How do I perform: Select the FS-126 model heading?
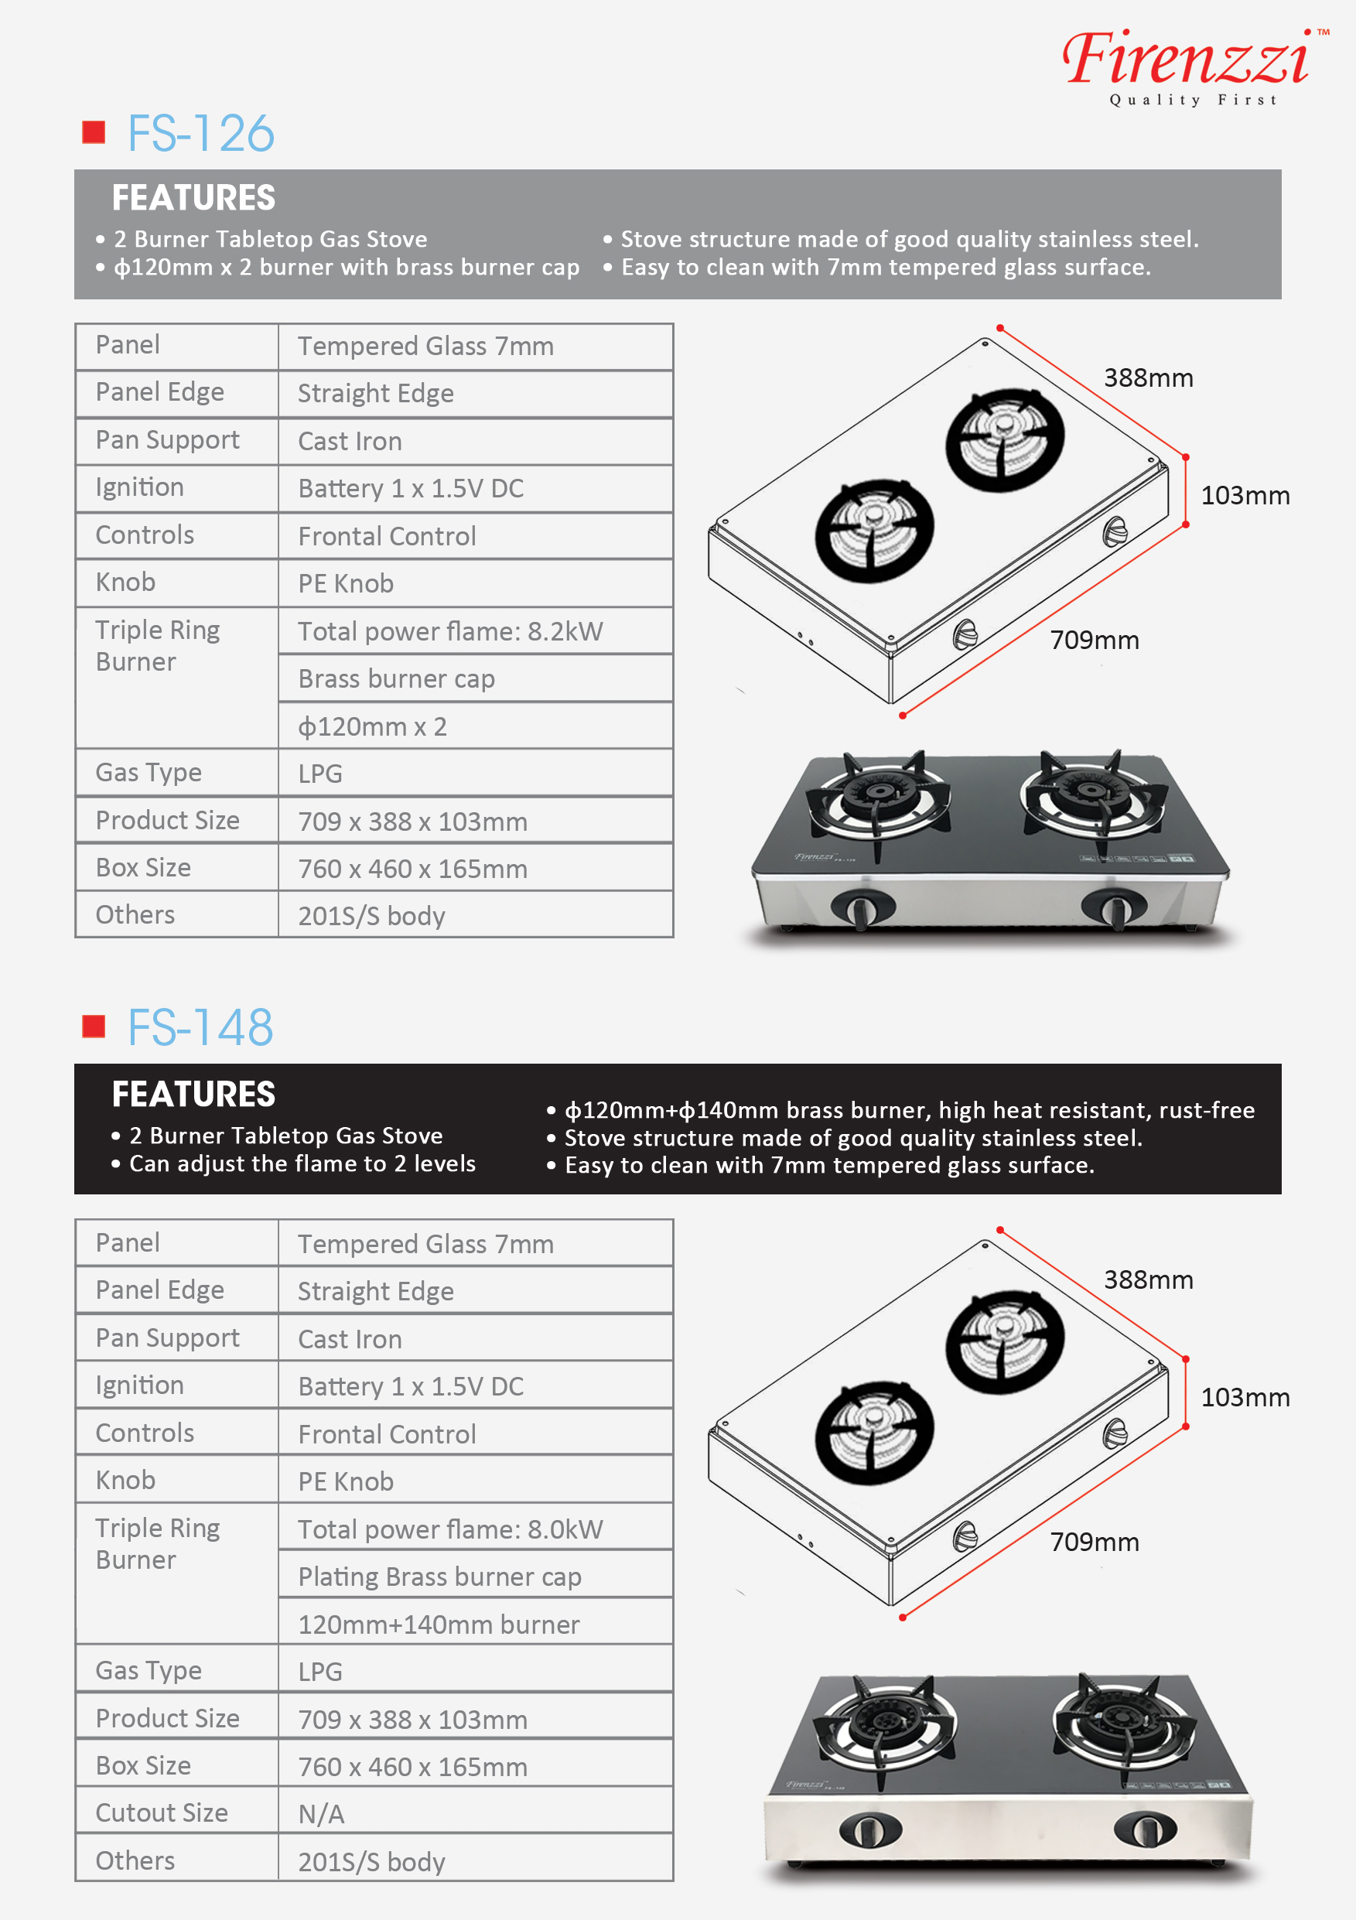[x=200, y=134]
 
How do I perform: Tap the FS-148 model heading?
[x=200, y=1028]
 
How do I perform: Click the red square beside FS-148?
[x=94, y=1026]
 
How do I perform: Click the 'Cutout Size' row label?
[x=162, y=1812]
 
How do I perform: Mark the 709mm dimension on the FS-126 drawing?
[x=1095, y=641]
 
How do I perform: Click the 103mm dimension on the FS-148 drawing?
[x=1245, y=1397]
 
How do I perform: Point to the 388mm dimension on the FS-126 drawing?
[x=1148, y=378]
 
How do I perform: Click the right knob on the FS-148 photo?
[x=1145, y=1829]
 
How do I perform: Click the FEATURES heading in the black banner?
[x=193, y=1094]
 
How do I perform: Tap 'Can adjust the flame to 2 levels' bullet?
[x=302, y=1163]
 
